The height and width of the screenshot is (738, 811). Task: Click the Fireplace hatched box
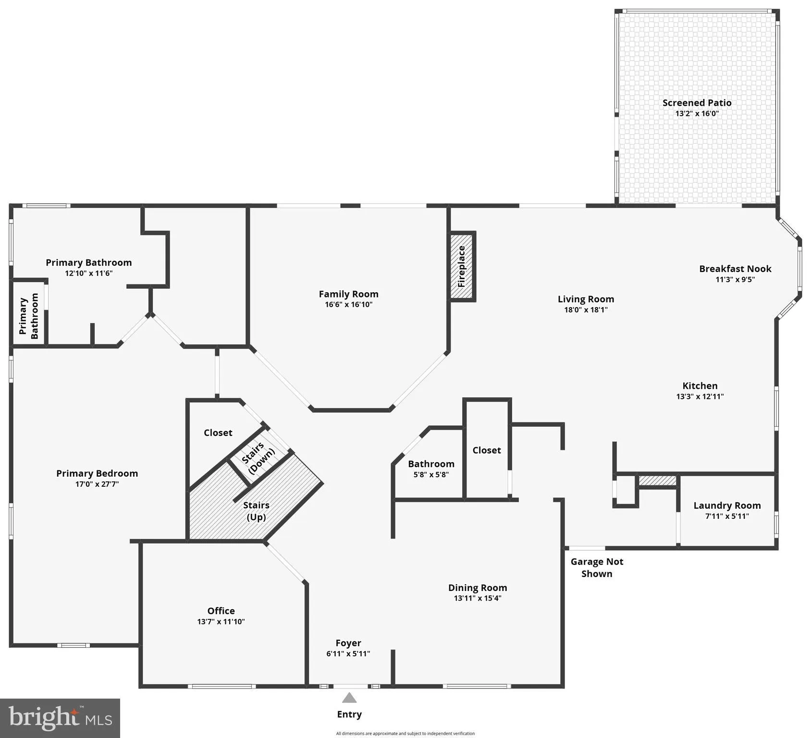pos(462,267)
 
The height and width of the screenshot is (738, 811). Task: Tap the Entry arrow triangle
pos(349,698)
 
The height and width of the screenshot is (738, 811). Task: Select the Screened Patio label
pos(697,102)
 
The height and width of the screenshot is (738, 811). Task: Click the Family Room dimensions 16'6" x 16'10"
pos(348,305)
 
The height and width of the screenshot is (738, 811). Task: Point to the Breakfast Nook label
pos(735,269)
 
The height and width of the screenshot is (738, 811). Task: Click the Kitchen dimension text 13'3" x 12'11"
pos(700,396)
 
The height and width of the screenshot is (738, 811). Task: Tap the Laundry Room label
pos(727,505)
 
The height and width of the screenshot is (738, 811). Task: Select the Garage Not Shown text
pos(597,567)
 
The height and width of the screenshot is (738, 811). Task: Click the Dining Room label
pos(478,588)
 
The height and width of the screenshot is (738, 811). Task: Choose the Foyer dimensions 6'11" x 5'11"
pos(348,653)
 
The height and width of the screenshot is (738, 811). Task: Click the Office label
pos(221,611)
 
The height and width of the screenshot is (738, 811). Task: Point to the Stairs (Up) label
pos(256,511)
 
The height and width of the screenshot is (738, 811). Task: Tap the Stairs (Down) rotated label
pos(258,458)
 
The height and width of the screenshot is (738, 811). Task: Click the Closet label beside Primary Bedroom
pos(218,432)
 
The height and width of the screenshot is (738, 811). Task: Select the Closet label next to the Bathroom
pos(486,450)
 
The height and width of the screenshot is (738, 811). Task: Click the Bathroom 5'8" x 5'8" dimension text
pos(431,475)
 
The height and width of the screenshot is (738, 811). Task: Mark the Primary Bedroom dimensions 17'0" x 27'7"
pos(97,484)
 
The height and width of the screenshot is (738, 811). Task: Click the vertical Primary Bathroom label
pos(28,316)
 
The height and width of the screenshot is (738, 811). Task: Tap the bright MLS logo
pos(60,718)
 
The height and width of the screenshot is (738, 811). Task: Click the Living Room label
pos(586,299)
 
